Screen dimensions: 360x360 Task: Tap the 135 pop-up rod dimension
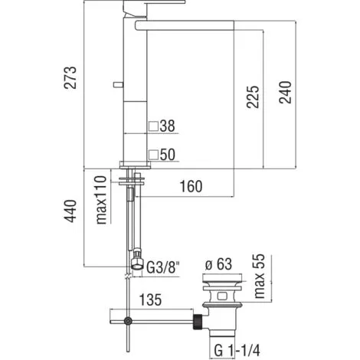[152, 301]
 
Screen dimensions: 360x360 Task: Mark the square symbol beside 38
[154, 124]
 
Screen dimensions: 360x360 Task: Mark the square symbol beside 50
[154, 154]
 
